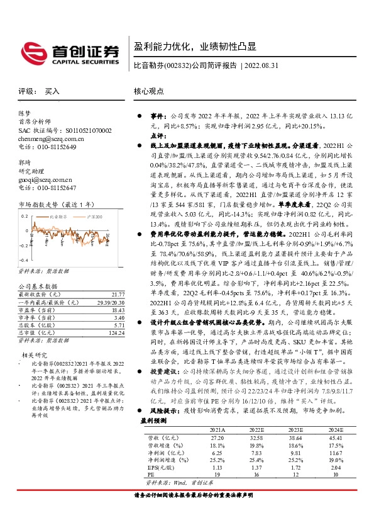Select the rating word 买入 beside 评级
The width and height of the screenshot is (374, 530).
52,91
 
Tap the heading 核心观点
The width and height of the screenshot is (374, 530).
148,91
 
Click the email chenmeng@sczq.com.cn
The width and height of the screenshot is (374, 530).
48,138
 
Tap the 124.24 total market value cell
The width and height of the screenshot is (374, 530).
116,332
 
